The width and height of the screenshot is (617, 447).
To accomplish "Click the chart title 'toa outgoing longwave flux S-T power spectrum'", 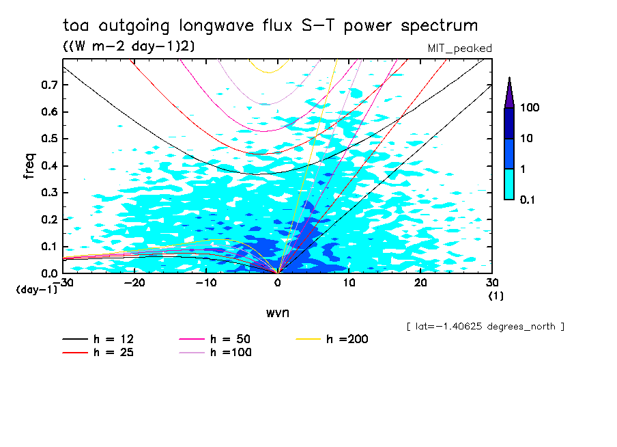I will pos(270,26).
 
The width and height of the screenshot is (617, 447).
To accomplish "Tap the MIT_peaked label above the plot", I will pos(459,48).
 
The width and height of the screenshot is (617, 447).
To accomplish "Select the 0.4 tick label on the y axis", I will pos(49,165).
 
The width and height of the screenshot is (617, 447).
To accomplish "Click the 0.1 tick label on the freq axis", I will pos(49,246).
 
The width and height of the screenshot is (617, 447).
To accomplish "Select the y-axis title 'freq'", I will pos(29,166).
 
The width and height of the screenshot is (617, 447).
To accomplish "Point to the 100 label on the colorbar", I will pos(530,108).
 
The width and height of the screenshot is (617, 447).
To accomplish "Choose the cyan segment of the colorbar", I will pos(509,184).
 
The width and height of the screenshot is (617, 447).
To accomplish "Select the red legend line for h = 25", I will pos(75,353).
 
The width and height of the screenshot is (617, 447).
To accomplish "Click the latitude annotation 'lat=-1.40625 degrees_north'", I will pos(485,325).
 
